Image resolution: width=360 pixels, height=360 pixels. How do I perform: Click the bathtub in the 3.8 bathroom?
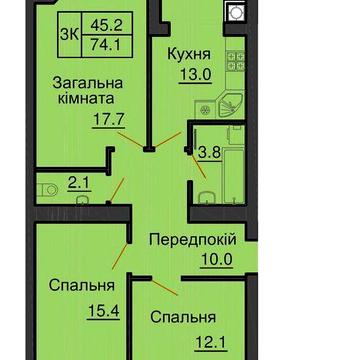tap(237, 166)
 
